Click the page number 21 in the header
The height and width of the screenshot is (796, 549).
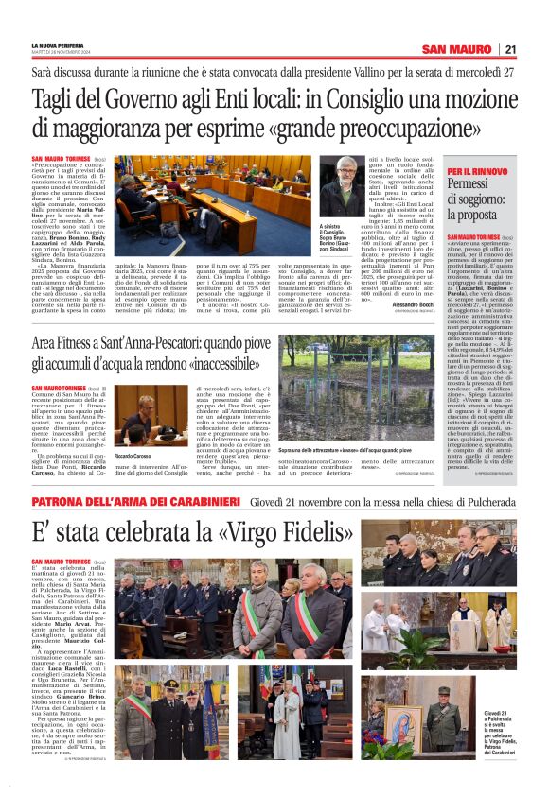coord(510,49)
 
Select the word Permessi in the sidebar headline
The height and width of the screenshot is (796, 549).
coord(473,184)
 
